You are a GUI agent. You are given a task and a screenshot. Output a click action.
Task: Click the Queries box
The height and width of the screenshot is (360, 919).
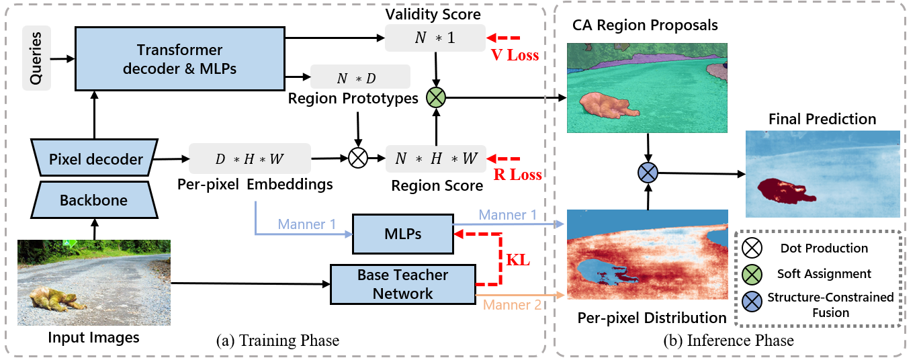point(36,58)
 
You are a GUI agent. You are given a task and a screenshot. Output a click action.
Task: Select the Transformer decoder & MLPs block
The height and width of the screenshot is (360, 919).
point(179,59)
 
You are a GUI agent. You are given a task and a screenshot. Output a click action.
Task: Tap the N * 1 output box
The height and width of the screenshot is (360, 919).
point(435,38)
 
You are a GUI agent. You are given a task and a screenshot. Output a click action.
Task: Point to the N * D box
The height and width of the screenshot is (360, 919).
point(359,78)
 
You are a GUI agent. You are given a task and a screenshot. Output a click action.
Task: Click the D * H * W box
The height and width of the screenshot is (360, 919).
point(250,159)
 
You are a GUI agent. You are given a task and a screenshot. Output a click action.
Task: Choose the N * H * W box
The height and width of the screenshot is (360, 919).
point(436,159)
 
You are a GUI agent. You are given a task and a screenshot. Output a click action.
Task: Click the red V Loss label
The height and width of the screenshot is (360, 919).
point(515,56)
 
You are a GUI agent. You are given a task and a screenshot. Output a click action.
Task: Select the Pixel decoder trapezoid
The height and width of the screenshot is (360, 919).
point(95,159)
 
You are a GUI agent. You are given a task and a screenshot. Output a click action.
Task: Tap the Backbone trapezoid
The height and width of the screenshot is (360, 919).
point(94,199)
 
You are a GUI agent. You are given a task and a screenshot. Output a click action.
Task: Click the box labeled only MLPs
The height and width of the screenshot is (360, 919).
point(402,233)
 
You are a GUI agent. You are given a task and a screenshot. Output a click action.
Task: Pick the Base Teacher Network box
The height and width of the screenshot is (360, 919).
point(403,284)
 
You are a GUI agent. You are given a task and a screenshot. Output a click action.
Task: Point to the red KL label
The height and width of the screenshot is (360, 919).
point(517,260)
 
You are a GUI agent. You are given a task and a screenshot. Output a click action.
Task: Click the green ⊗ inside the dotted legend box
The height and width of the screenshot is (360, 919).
point(752,274)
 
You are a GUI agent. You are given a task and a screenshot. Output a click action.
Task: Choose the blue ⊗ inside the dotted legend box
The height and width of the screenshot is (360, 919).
point(752,302)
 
